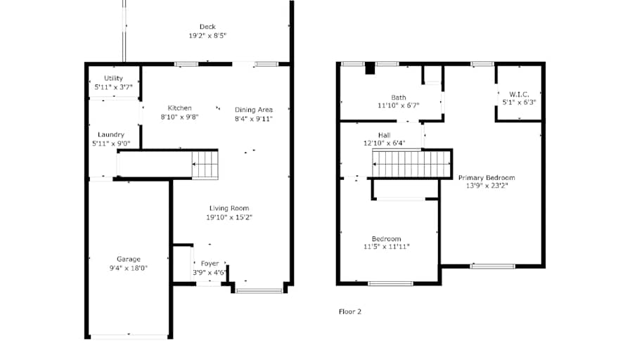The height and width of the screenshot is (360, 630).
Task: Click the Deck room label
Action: point(207,27)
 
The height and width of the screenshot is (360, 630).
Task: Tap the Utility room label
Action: point(113,78)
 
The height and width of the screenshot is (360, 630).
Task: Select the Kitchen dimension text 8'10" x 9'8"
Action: point(179,117)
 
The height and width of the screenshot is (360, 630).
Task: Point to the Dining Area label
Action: point(254,110)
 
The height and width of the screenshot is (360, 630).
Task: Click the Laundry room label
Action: point(111,134)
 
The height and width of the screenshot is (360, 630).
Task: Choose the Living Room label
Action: point(229,208)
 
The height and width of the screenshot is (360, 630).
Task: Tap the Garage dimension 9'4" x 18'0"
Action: point(129,268)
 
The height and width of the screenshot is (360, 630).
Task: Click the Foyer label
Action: point(210,264)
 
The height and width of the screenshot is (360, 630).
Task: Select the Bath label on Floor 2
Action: point(399,98)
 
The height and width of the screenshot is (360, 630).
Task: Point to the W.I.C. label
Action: point(519,94)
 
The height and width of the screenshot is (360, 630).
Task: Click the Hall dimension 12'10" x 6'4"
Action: point(385,143)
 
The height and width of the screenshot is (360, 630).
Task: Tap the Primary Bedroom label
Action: point(487,178)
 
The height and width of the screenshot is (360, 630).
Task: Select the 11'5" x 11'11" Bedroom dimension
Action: point(387,247)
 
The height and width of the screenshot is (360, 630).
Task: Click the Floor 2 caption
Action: point(350,311)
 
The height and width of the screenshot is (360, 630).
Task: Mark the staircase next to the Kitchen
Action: point(205,165)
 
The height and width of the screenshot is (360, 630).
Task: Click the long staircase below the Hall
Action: point(411,164)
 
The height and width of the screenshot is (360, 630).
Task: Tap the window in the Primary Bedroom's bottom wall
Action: point(493,266)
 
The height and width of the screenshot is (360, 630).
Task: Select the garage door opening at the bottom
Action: point(129,337)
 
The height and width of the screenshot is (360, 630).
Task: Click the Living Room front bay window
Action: point(259,291)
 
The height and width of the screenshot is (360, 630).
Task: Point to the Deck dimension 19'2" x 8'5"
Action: point(207,36)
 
